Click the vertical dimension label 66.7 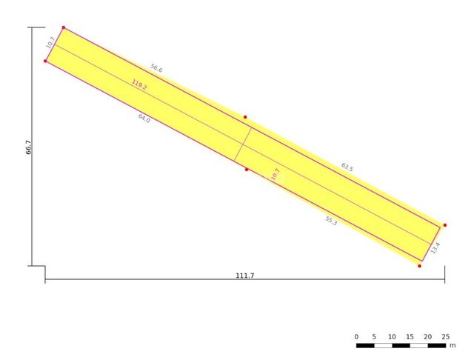click(x=28, y=147)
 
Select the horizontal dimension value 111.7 click(x=245, y=276)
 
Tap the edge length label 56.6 click(x=156, y=68)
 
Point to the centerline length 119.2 click(x=139, y=85)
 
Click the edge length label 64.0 click(x=144, y=119)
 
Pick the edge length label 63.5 click(x=347, y=167)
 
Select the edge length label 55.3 click(x=331, y=221)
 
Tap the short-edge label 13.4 click(x=435, y=248)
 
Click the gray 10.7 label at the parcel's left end click(x=50, y=42)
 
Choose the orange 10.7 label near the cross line click(x=275, y=174)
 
